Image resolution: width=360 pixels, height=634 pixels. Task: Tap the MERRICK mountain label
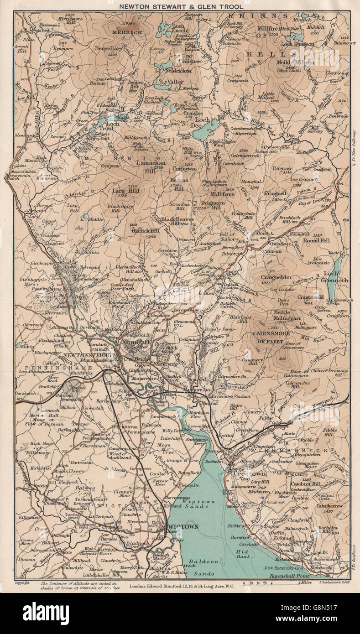tap(128, 32)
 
